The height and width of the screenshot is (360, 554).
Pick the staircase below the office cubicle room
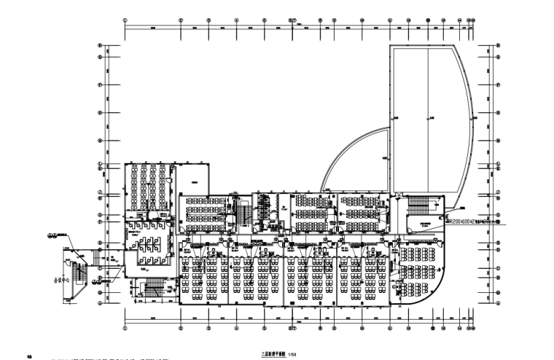coord(153,289)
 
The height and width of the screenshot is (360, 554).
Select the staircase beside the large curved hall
coord(418,205)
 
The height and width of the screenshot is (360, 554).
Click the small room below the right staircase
coord(421,224)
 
